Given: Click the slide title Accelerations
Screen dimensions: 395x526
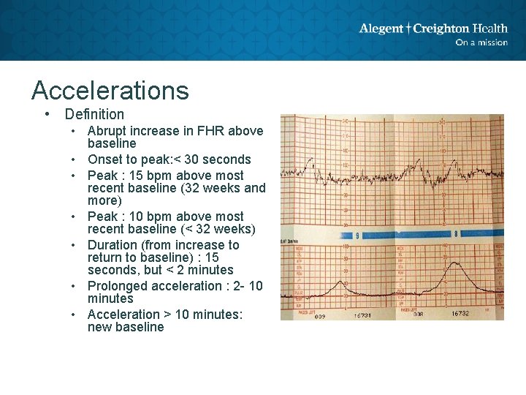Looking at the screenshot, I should (x=110, y=91).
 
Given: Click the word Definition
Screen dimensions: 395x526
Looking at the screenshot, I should (x=94, y=114).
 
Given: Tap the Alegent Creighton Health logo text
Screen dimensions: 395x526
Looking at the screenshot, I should (x=432, y=29).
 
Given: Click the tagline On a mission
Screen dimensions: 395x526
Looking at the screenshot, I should (x=481, y=42).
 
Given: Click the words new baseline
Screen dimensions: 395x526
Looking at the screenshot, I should (x=126, y=327).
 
